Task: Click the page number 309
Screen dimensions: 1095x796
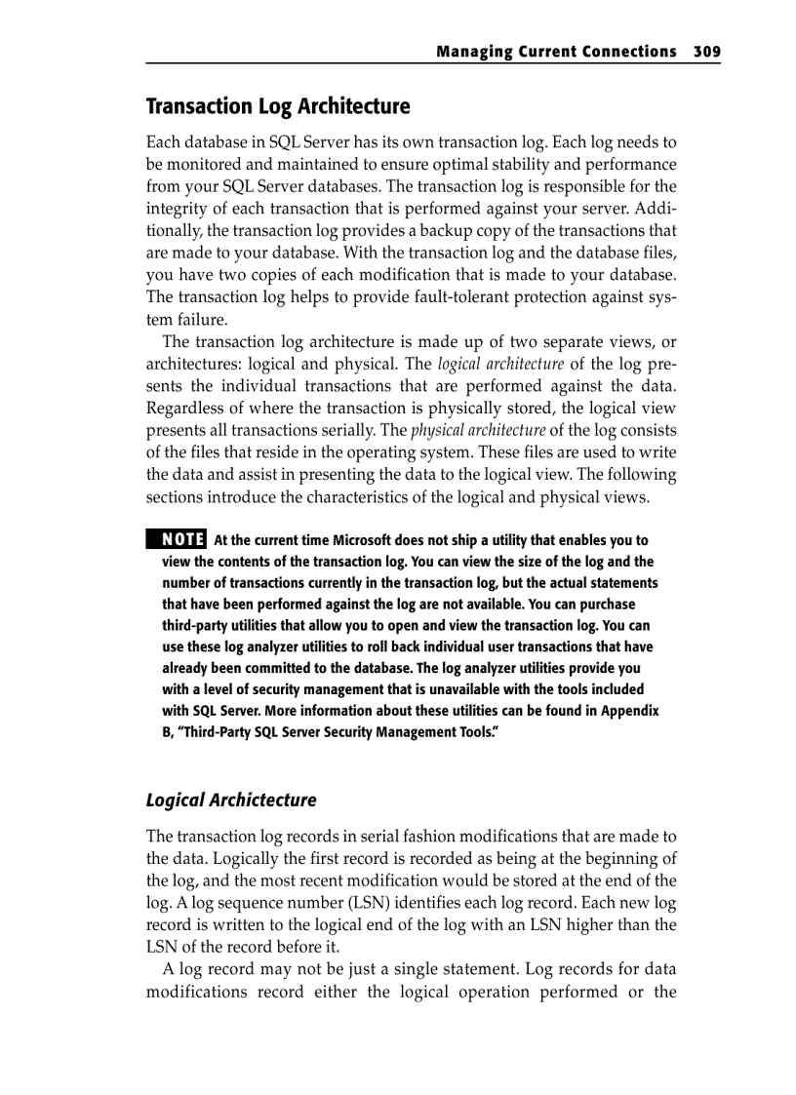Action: click(706, 52)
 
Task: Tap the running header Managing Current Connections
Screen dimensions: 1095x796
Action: click(556, 52)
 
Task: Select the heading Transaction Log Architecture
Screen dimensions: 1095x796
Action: click(278, 106)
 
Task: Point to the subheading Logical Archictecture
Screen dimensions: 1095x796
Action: click(231, 801)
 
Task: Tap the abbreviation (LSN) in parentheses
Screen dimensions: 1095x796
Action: click(395, 903)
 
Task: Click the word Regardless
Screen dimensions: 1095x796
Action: click(184, 409)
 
